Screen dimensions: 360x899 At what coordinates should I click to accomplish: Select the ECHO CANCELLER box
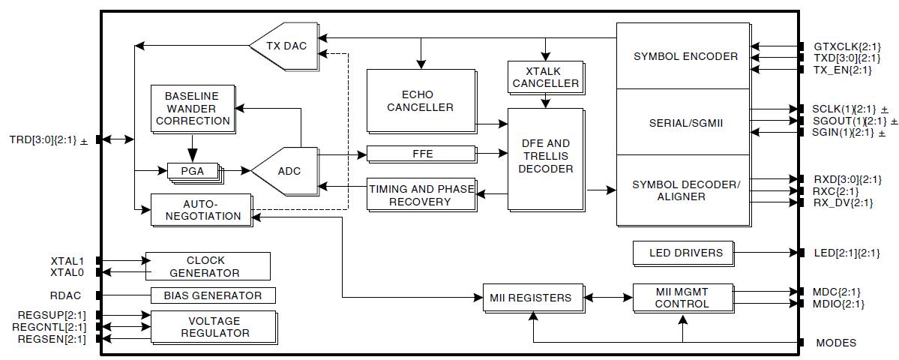tap(420, 100)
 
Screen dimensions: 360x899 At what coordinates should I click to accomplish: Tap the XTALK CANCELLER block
tap(545, 76)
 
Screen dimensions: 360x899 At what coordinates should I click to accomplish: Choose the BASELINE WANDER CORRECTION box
tap(191, 109)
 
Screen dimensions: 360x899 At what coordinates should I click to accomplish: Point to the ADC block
tap(289, 171)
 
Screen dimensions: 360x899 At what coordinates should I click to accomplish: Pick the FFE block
tap(423, 154)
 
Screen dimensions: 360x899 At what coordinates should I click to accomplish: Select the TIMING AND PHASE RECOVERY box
tap(421, 195)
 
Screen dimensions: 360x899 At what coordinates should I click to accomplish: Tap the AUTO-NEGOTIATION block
tap(201, 209)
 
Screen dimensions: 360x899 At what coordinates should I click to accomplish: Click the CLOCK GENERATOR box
tap(207, 266)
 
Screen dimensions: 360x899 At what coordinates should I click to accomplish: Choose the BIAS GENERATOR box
tap(213, 295)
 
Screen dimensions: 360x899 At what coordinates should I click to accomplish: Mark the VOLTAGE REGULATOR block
tap(213, 326)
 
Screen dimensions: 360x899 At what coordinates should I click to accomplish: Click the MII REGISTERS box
tap(532, 297)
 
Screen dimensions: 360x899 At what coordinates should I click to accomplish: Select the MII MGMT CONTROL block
tap(681, 297)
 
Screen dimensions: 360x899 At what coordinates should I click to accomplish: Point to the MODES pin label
tap(835, 343)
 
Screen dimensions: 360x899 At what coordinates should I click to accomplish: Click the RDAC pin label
tap(67, 295)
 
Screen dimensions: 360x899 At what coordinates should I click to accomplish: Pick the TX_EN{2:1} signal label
tap(842, 70)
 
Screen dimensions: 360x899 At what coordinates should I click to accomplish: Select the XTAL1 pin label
tap(67, 260)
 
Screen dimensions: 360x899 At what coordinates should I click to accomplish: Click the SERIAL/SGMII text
tap(680, 121)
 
